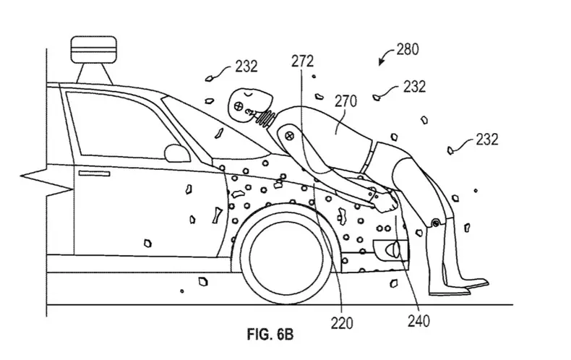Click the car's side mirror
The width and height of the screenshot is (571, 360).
(176, 152)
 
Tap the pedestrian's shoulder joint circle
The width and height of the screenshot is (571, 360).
(288, 135)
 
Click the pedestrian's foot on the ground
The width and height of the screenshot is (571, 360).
(463, 287)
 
